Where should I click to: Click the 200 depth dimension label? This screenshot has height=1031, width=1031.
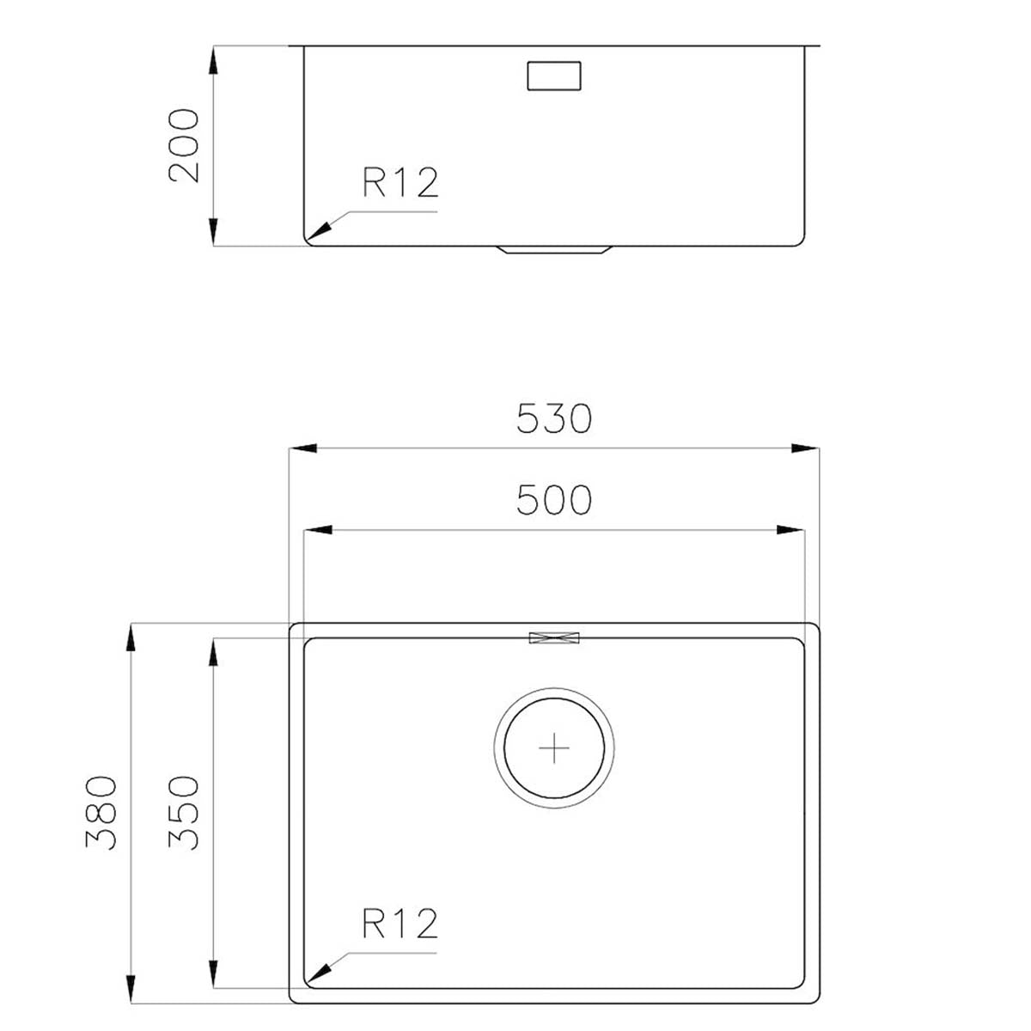coord(184,145)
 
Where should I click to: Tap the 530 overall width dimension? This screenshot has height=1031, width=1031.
coord(554,419)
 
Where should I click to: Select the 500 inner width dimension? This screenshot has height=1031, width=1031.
coord(554,500)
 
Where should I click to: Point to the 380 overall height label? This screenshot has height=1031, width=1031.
coord(101,813)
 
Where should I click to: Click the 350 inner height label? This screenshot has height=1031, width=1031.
coord(184,813)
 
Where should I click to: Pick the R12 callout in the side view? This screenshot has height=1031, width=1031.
coord(400,182)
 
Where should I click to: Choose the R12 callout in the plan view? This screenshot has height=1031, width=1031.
coord(400,924)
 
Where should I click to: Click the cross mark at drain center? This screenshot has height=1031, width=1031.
coord(554,748)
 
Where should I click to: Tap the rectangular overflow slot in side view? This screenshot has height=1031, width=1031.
coord(554,76)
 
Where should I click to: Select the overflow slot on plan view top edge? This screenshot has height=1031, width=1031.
coord(555,638)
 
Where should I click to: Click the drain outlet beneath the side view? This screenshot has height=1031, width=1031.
coord(554,250)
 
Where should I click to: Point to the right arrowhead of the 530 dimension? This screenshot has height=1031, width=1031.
coord(805,448)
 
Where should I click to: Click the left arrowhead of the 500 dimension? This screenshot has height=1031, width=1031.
coord(319,530)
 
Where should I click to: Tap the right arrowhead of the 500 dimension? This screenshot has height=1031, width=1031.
coord(790,530)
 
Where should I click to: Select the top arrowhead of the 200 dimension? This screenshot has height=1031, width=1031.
coord(213,61)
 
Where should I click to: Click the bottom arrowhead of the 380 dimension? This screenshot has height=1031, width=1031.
coord(131,988)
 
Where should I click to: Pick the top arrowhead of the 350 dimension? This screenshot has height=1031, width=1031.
coord(213,652)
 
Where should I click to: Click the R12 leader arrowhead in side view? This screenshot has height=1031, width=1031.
coord(320,229)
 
